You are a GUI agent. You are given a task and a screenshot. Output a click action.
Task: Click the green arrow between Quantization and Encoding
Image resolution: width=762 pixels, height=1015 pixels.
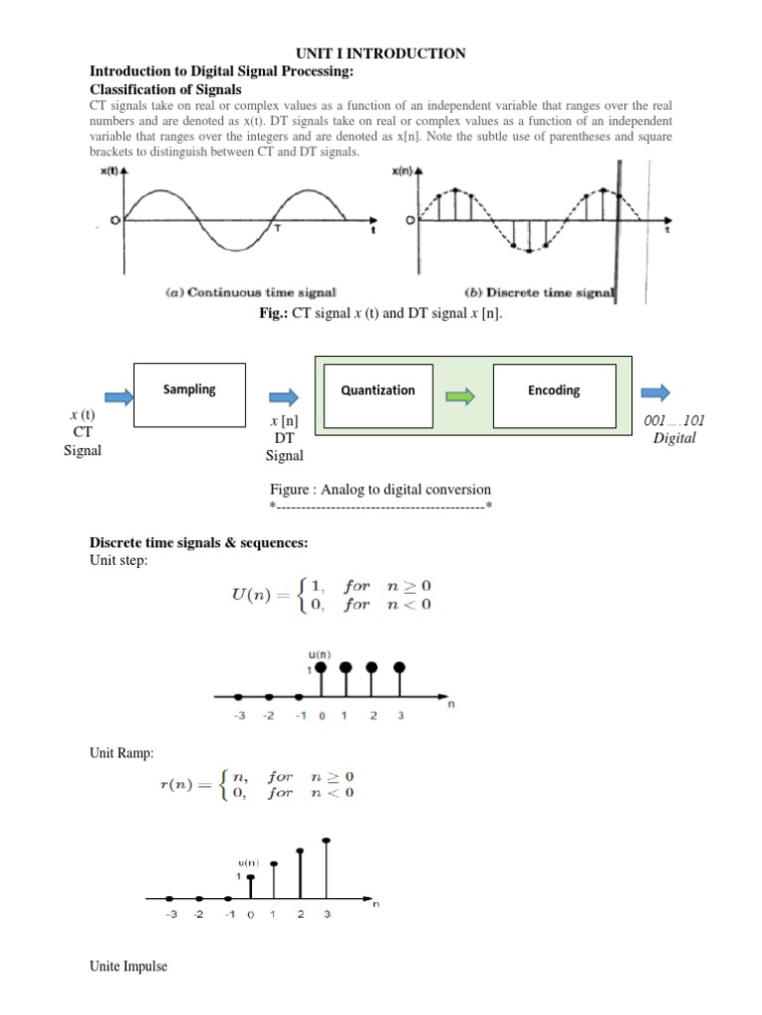[x=459, y=396]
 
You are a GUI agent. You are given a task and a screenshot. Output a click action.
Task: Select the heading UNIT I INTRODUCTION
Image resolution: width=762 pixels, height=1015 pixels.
[x=381, y=54]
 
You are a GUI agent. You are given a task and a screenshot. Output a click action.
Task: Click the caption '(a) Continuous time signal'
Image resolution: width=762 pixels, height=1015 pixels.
[x=250, y=292]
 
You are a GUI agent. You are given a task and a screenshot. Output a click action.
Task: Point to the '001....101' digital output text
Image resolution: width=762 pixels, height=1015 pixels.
[x=675, y=420]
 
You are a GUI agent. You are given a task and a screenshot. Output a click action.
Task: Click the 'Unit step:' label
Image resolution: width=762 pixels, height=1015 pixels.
[x=119, y=560]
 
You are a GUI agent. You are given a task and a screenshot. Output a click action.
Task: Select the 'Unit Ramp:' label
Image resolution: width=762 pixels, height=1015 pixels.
[x=122, y=754]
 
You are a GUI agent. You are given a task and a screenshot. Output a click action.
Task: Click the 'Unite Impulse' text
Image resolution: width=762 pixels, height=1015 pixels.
[x=129, y=966]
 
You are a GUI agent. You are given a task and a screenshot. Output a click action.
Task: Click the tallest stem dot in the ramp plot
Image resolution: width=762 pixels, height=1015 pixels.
[x=326, y=842]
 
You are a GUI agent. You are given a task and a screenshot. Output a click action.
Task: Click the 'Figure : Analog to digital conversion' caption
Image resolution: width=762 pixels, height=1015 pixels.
[x=381, y=490]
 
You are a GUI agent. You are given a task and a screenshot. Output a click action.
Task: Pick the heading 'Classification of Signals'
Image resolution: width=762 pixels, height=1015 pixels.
[x=167, y=88]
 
